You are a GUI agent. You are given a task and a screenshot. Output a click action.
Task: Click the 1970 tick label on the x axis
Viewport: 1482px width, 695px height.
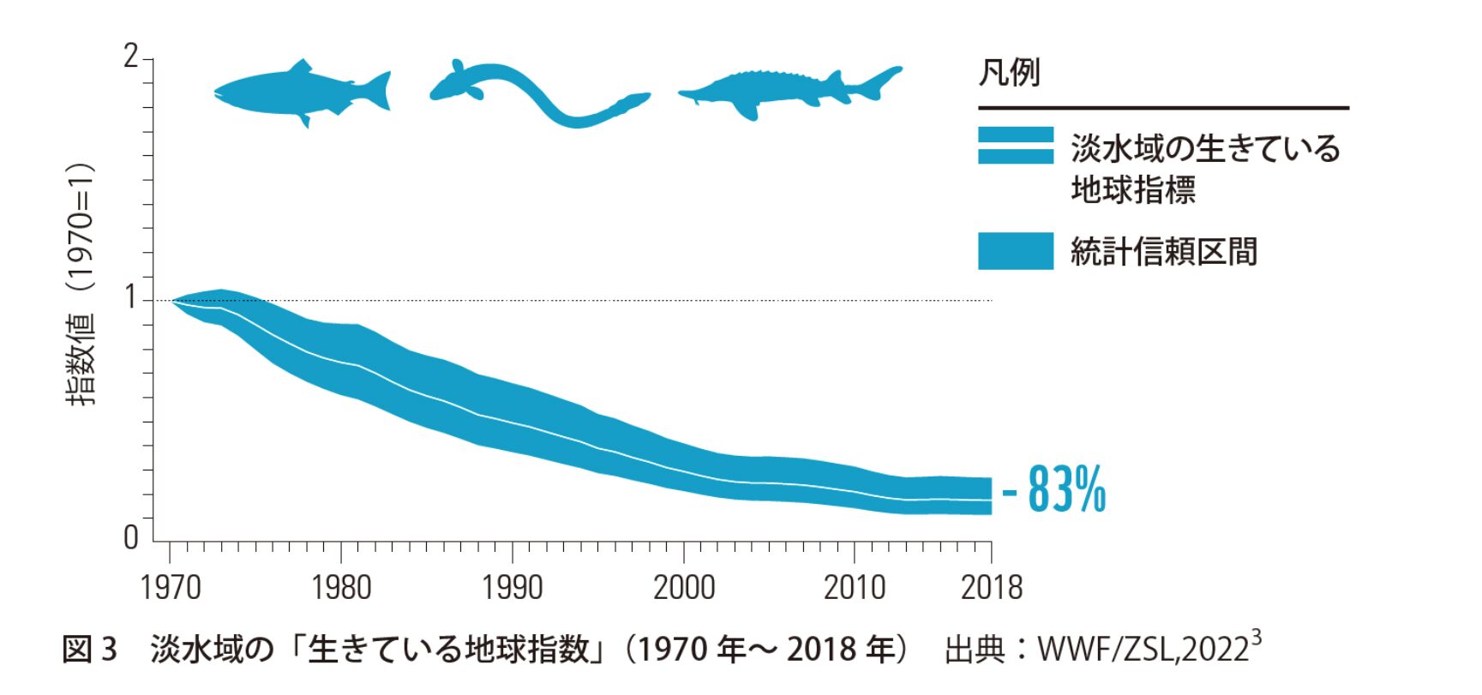pos(170,588)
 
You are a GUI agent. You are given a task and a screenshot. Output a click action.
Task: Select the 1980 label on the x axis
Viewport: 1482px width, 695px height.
pos(341,588)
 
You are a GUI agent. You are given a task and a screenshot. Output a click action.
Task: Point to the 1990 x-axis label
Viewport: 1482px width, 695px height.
pos(512,588)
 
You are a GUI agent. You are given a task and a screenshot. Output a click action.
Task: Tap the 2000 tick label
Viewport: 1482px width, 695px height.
pos(683,588)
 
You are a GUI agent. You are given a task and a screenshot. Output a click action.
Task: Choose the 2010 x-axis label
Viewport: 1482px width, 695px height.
pos(854,588)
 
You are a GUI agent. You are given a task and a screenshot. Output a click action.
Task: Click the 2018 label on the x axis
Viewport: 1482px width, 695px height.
pos(991,588)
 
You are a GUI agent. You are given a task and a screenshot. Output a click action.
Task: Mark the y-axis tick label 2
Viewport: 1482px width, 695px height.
pos(130,57)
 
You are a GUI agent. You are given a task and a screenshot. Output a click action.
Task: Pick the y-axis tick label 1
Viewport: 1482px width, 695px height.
pos(130,297)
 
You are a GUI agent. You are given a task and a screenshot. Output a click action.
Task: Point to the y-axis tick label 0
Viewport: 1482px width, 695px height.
pos(130,538)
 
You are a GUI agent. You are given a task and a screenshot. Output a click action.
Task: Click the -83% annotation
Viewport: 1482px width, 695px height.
pos(1054,489)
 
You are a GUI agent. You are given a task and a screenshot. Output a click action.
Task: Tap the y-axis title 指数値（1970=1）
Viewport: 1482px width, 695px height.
pos(81,283)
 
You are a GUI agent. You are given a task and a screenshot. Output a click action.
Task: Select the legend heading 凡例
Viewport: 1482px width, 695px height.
pos(1009,73)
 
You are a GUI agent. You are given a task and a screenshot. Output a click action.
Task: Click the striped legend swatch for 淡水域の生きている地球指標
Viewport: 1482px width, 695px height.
pos(1015,146)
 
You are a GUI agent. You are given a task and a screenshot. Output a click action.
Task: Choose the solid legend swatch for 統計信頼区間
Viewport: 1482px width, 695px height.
pos(1015,251)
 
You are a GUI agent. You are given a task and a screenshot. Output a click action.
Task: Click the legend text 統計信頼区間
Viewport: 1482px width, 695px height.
pos(1163,252)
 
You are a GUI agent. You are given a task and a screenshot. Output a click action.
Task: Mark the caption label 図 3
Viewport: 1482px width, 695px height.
pos(89,650)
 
